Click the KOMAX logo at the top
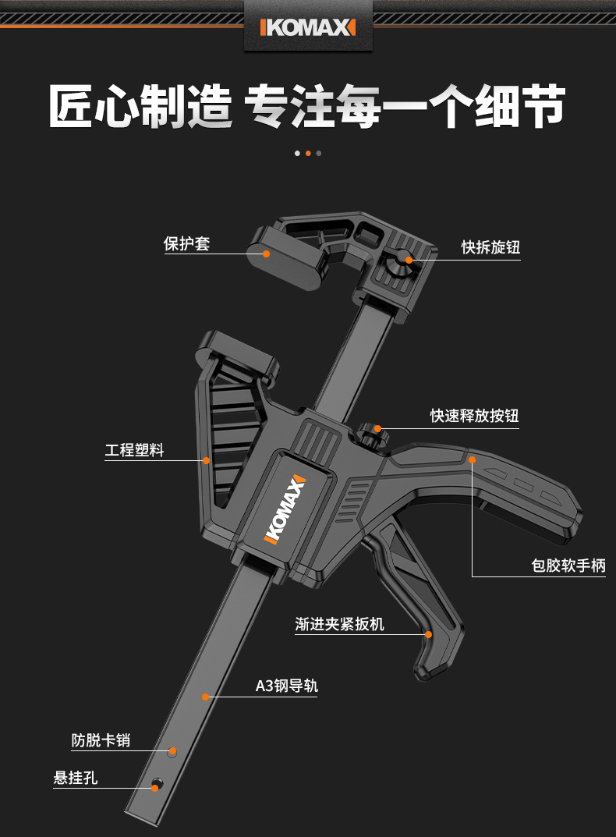[x=307, y=28]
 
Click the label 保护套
[x=186, y=243]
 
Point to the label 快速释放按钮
[x=474, y=416]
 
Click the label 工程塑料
[x=134, y=450]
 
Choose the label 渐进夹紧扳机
[x=339, y=624]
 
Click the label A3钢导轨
[x=286, y=686]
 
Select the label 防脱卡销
[x=101, y=740]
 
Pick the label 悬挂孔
[x=76, y=778]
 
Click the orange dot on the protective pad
[x=267, y=254]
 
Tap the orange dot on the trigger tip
[x=428, y=635]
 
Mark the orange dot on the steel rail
[x=206, y=696]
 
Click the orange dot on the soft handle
[x=473, y=460]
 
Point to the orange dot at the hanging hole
[x=155, y=788]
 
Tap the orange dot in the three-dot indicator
[x=308, y=153]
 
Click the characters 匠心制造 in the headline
[x=140, y=107]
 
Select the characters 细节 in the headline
[x=520, y=107]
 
